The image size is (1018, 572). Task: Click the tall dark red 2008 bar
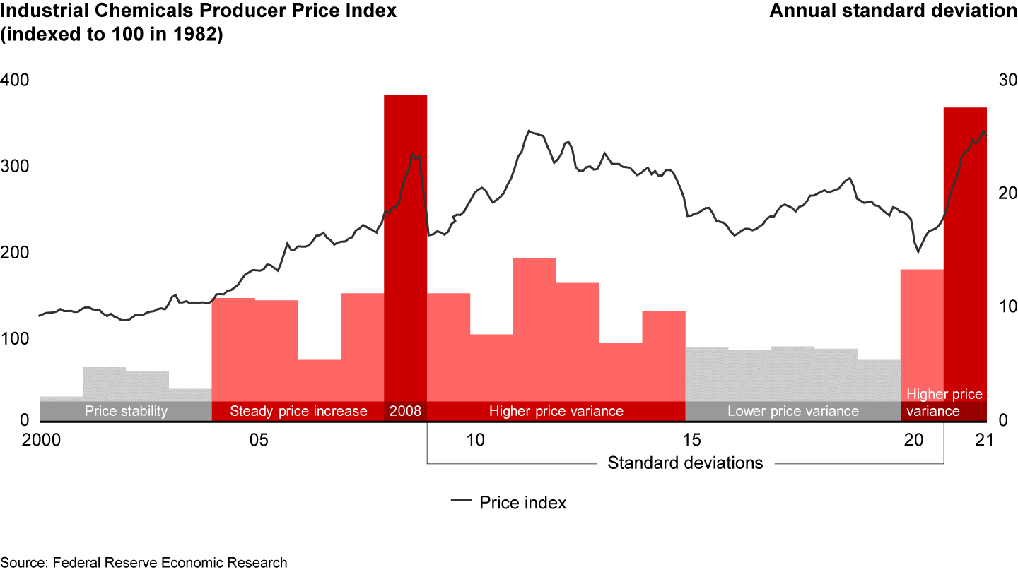pyautogui.click(x=405, y=247)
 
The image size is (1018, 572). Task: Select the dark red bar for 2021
pyautogui.click(x=965, y=254)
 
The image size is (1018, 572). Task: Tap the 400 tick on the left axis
pyautogui.click(x=14, y=81)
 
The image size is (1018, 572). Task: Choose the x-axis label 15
pyautogui.click(x=691, y=441)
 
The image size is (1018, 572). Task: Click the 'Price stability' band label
pyautogui.click(x=125, y=411)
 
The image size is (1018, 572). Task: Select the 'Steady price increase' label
pyautogui.click(x=298, y=411)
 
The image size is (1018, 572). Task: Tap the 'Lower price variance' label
pyautogui.click(x=792, y=411)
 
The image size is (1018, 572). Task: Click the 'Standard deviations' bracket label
pyautogui.click(x=685, y=463)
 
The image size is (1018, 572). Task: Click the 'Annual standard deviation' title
pyautogui.click(x=892, y=11)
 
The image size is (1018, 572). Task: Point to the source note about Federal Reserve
pyautogui.click(x=144, y=563)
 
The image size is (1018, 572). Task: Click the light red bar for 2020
pyautogui.click(x=922, y=332)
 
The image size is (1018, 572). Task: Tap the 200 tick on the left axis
pyautogui.click(x=14, y=253)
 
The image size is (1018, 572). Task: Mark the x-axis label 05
pyautogui.click(x=258, y=441)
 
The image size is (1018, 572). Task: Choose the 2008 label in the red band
pyautogui.click(x=405, y=411)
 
